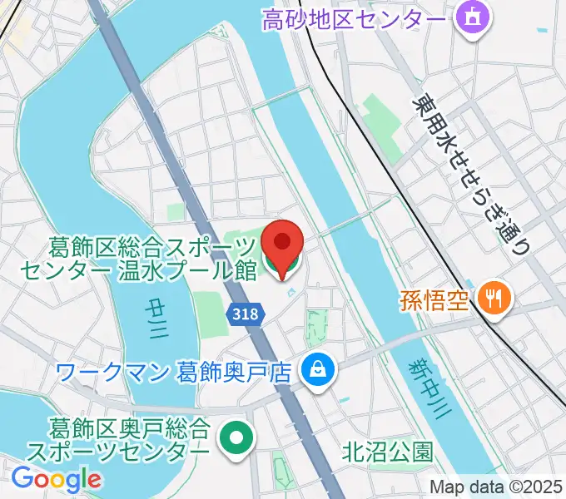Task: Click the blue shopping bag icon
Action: click(x=316, y=366)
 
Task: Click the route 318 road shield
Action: click(x=246, y=314)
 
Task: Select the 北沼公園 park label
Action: click(x=388, y=452)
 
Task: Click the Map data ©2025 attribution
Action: click(x=496, y=487)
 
